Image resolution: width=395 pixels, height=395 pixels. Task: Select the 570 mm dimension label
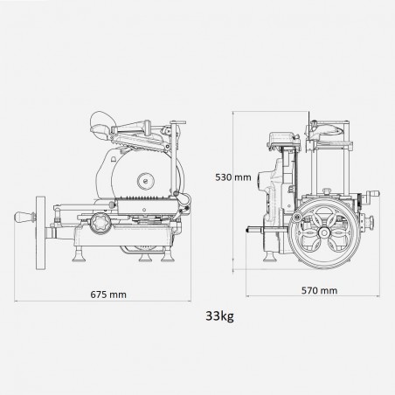click(317, 288)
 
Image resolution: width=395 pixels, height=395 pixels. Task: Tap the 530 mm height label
click(234, 177)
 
